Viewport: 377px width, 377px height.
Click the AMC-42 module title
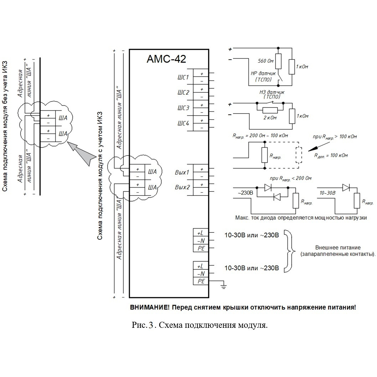point(166,59)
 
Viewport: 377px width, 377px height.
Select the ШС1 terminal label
point(183,77)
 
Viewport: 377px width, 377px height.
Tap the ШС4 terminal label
point(184,124)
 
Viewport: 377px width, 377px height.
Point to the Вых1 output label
point(182,172)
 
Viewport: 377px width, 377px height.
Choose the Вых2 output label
point(182,187)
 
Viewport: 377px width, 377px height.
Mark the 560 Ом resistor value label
point(266,61)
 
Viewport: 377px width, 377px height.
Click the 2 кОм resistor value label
point(270,118)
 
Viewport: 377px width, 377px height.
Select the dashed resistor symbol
point(299,155)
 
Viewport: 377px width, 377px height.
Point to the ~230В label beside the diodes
point(245,193)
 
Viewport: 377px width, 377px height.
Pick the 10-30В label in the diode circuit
point(327,193)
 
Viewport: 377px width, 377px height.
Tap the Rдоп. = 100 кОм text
point(331,156)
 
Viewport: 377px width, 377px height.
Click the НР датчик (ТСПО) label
point(263,77)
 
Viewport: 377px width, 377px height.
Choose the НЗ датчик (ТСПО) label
point(272,94)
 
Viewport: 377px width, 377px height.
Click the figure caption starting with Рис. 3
point(200,325)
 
